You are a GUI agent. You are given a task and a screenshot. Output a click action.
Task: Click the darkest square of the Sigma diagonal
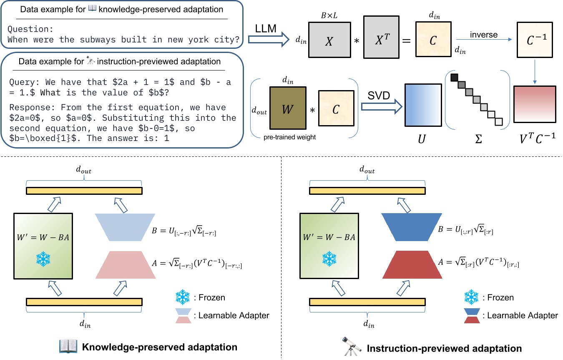pos(454,78)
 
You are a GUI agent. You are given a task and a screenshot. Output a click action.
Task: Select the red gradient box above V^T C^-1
pos(535,104)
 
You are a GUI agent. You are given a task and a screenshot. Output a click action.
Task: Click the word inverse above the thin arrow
pos(483,35)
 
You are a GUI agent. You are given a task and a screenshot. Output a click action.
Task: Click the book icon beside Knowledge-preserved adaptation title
pos(68,347)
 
